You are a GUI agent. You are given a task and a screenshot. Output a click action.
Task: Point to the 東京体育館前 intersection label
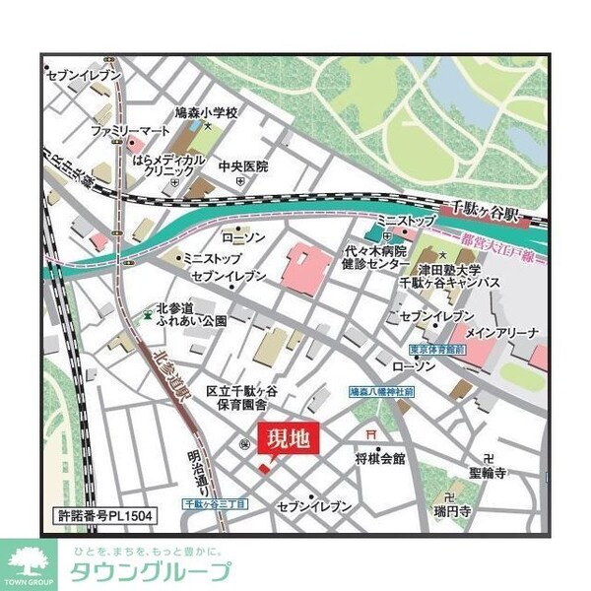pyautogui.click(x=438, y=350)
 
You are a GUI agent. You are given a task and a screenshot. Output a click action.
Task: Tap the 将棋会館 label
pyautogui.click(x=380, y=458)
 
